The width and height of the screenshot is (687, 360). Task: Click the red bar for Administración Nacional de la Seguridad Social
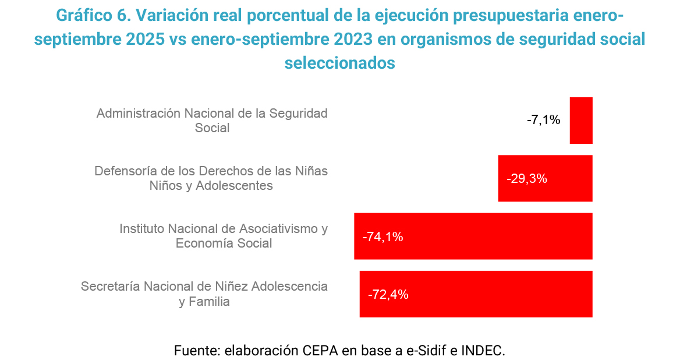pos(580,120)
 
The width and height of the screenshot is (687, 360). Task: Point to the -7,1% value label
pos(543,121)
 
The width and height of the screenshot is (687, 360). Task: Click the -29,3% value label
pos(527,179)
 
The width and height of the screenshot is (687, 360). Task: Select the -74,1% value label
pos(383,237)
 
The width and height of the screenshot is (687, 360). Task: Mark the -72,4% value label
pos(388,295)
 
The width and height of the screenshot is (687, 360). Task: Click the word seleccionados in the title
pos(339,62)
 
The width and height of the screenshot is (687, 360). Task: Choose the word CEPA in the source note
pos(318,351)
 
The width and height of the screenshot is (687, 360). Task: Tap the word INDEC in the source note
pos(482,351)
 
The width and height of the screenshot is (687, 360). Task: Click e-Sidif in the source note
pos(426,351)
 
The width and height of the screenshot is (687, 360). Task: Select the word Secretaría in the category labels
pos(110,287)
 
